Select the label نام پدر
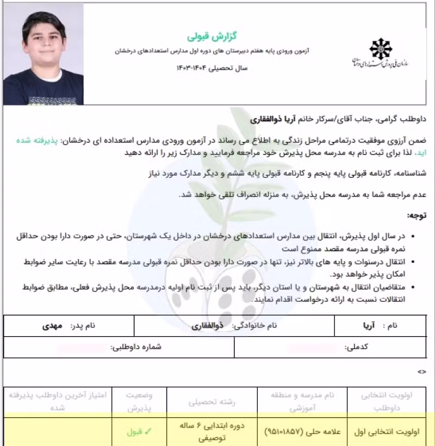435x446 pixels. pos(84,326)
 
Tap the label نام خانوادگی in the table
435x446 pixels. pos(255,326)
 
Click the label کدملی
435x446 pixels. pos(357,347)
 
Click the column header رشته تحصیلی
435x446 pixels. pos(203,402)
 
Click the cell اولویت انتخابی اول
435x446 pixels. pos(380,432)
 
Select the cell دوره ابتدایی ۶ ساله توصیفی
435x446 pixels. pos(203,432)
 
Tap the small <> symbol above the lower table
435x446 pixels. pos(422,372)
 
